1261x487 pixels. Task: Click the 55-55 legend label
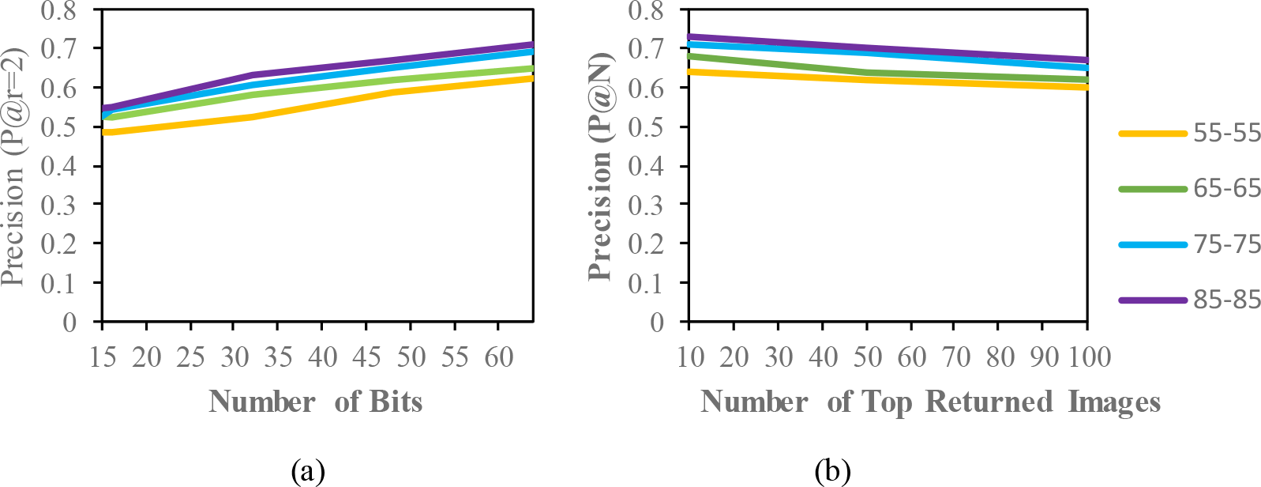click(1227, 134)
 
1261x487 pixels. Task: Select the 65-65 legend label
click(1227, 189)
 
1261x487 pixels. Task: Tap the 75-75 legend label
click(1227, 245)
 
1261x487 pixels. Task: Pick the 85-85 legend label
click(1227, 300)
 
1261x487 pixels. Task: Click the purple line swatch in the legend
click(1153, 300)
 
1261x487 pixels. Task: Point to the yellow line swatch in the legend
click(1153, 134)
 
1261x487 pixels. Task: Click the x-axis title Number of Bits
click(315, 402)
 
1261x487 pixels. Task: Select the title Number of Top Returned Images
click(930, 402)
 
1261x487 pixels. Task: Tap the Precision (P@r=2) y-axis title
click(13, 166)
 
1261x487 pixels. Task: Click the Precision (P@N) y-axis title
click(601, 166)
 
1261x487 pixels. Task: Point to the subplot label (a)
click(307, 471)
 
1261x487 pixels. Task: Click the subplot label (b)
click(833, 471)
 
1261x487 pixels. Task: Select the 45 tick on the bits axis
click(366, 358)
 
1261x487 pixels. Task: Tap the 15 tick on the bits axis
click(103, 358)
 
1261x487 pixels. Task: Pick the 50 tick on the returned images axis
click(867, 357)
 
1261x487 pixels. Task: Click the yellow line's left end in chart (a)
click(105, 132)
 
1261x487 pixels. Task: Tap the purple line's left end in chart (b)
click(691, 36)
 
